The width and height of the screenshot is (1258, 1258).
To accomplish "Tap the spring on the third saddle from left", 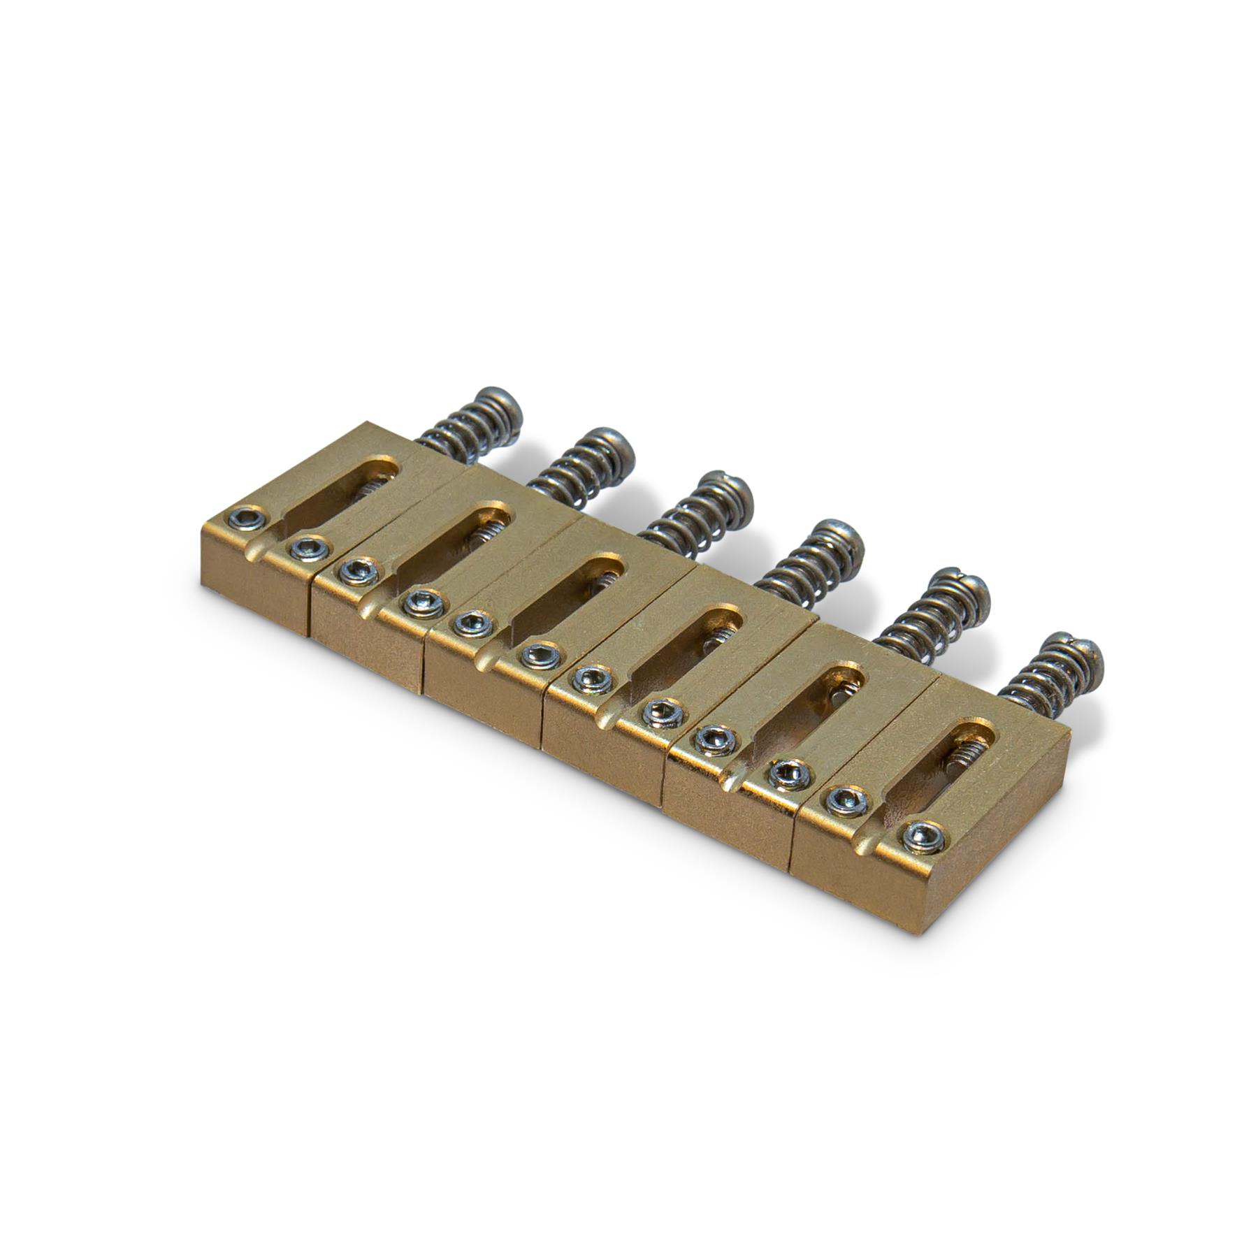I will pyautogui.click(x=688, y=521).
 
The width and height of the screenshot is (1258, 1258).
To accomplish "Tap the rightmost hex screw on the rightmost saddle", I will pyautogui.click(x=923, y=837).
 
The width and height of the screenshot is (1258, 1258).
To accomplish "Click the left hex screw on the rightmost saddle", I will pyautogui.click(x=847, y=802).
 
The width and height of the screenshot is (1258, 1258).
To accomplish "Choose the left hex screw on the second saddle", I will pyautogui.click(x=359, y=572).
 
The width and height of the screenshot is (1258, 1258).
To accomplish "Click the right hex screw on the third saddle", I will pyautogui.click(x=541, y=655).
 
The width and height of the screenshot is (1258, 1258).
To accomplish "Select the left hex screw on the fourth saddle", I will pyautogui.click(x=593, y=678).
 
